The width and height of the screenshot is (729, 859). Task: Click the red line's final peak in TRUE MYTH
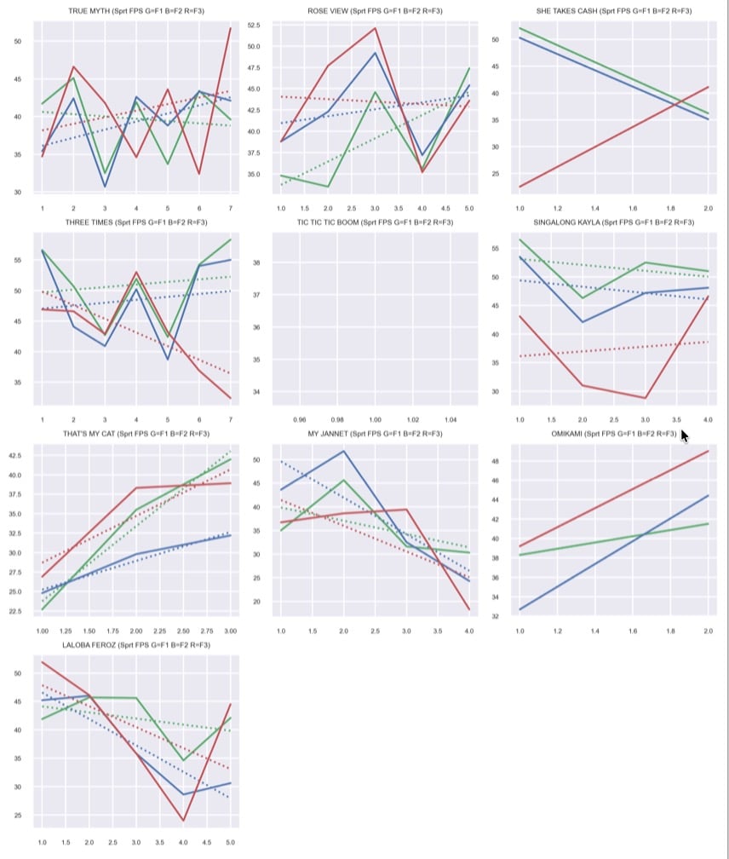(230, 28)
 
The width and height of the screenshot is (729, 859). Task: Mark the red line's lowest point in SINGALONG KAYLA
(645, 398)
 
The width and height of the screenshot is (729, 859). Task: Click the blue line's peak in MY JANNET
(343, 451)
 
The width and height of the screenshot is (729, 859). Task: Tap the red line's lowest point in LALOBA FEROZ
(184, 821)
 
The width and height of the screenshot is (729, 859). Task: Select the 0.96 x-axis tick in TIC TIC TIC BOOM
(299, 420)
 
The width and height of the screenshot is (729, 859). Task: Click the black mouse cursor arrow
(685, 435)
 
